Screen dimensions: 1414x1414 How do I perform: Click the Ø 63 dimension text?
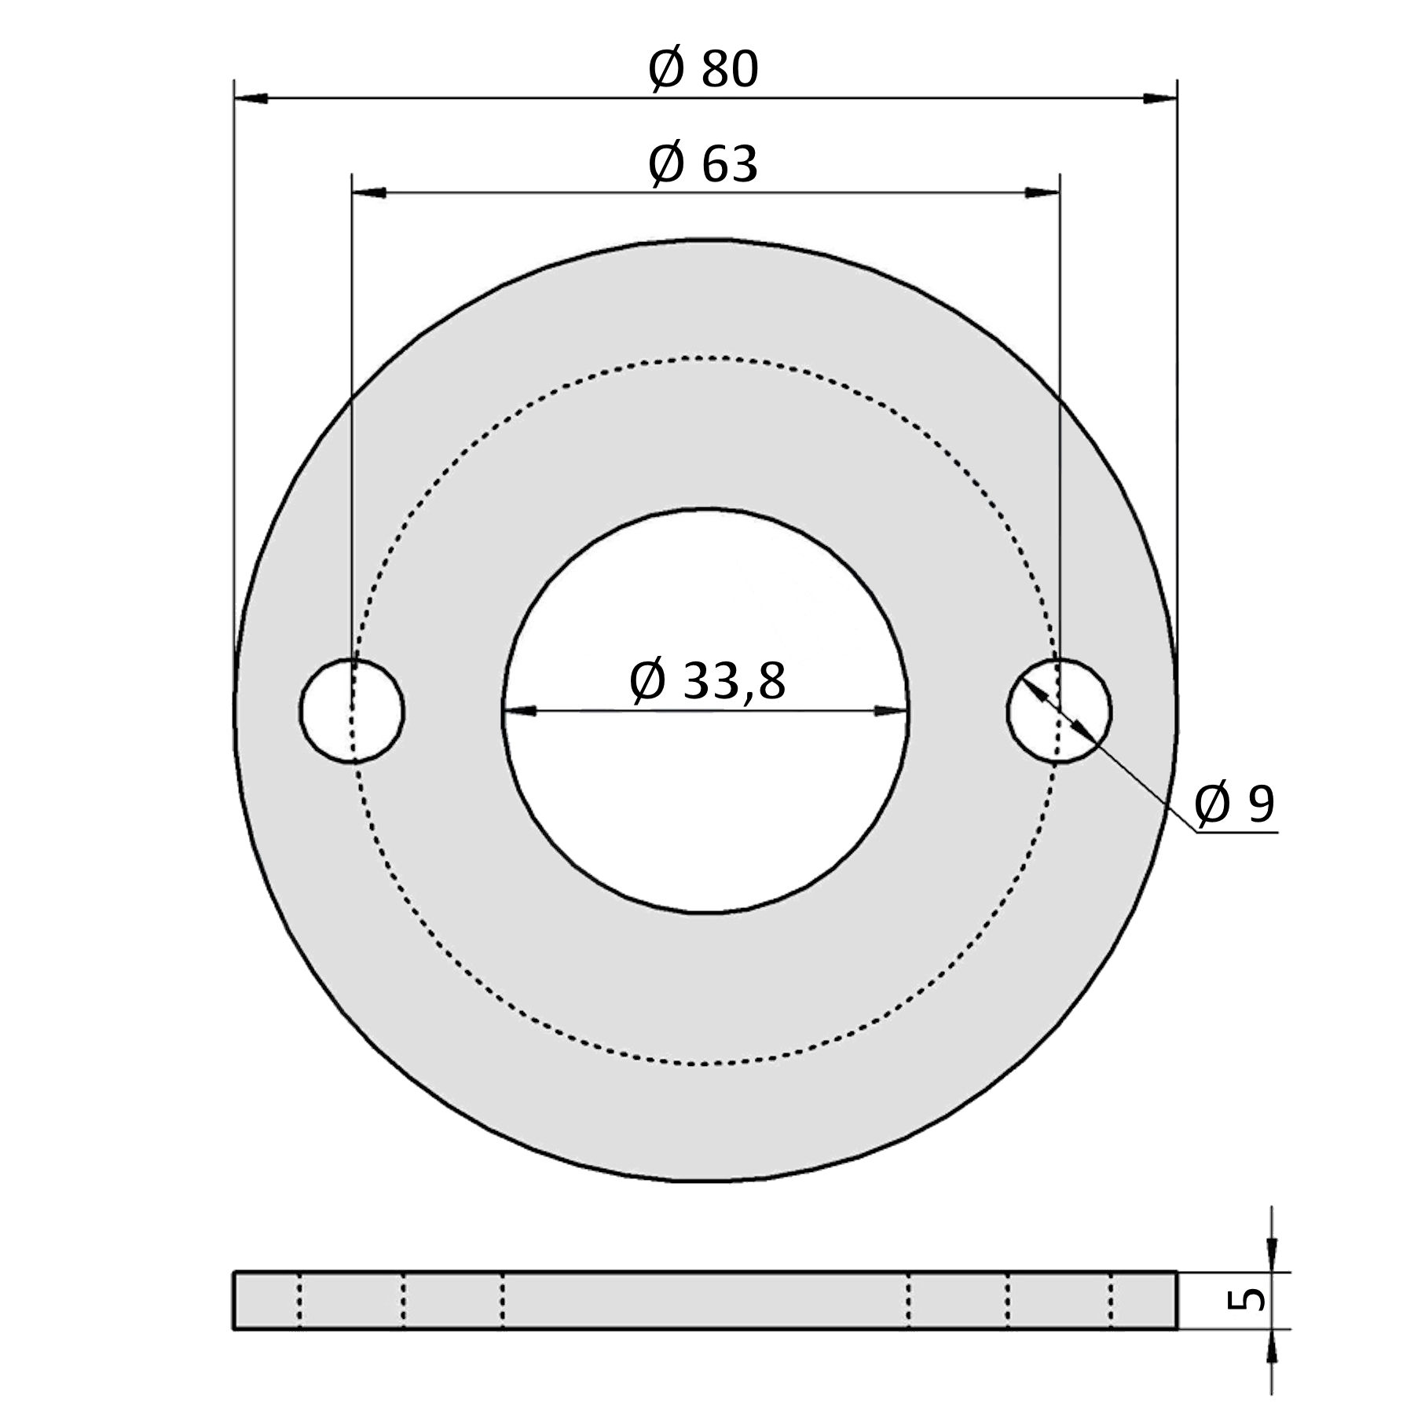pyautogui.click(x=703, y=164)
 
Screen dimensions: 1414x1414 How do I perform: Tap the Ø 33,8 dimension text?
pyautogui.click(x=707, y=680)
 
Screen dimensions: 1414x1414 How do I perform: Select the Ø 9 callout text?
pyautogui.click(x=1234, y=804)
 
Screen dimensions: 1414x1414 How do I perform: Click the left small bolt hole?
pyautogui.click(x=352, y=711)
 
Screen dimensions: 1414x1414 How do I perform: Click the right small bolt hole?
pyautogui.click(x=1060, y=711)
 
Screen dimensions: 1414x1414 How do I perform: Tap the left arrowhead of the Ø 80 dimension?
pyautogui.click(x=251, y=98)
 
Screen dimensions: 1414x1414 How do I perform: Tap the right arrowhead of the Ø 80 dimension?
pyautogui.click(x=1160, y=98)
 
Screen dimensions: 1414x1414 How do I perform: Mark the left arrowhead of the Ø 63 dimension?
pyautogui.click(x=369, y=192)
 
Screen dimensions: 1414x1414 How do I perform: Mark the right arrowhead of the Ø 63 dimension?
pyautogui.click(x=1042, y=192)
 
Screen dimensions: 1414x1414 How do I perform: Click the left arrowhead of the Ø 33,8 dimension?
pyautogui.click(x=519, y=711)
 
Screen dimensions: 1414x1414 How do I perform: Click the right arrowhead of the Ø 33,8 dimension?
pyautogui.click(x=892, y=711)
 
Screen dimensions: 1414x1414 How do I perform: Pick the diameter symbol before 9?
pyautogui.click(x=1212, y=804)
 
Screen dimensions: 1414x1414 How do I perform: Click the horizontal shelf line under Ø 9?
pyautogui.click(x=1237, y=831)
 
